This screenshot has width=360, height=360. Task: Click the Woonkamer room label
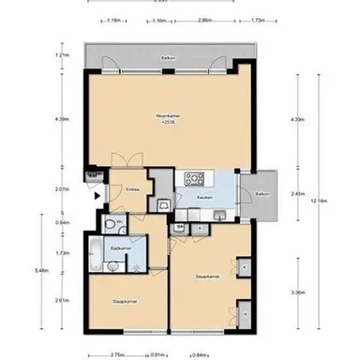pos(167,115)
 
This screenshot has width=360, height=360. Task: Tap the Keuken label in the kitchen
pos(203,198)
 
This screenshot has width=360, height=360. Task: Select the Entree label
pos(133,189)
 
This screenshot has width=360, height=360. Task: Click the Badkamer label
pos(119,247)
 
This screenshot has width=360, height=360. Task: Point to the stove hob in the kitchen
pos(196,179)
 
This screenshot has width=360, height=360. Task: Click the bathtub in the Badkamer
pos(97,251)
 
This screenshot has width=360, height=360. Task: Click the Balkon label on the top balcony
pos(166,57)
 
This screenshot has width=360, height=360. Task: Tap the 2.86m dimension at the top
pos(204,20)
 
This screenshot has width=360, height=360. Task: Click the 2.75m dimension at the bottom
pos(116,355)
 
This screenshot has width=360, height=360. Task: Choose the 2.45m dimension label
pos(298,194)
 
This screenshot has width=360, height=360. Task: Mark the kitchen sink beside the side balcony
pos(218,217)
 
